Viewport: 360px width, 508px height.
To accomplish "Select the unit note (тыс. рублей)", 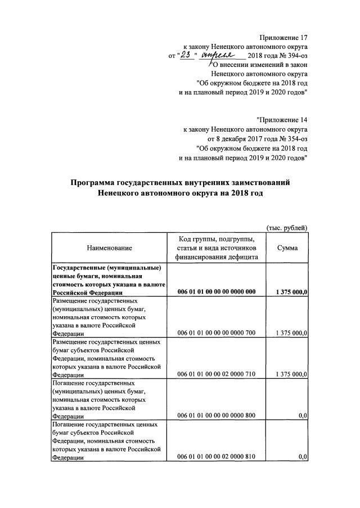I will point(286,227).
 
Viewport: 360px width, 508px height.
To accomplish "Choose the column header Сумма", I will point(287,248).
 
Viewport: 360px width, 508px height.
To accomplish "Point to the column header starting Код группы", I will point(217,248).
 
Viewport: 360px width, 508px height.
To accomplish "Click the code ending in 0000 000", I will point(217,291).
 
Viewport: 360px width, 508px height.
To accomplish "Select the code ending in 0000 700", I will point(217,333).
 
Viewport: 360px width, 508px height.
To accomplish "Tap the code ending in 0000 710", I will point(217,374).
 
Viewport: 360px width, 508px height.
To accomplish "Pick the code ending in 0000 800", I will point(217,415).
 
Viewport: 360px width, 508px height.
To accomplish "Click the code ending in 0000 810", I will point(217,457).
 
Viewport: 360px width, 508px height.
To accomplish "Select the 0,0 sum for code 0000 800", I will point(302,415).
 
